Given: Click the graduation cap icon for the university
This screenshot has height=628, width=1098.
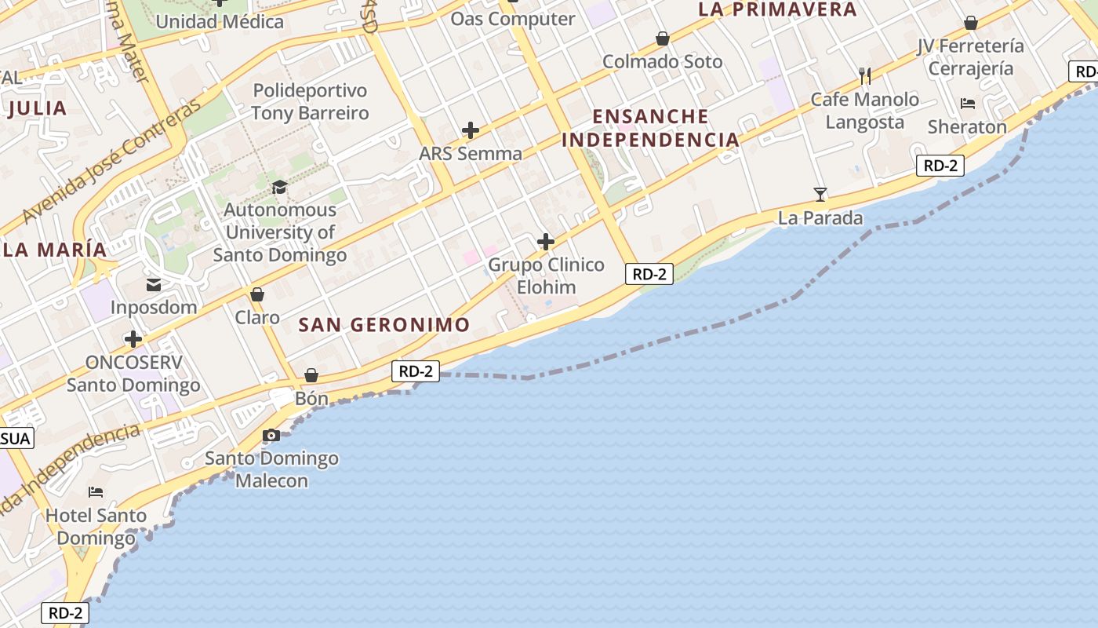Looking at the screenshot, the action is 279,187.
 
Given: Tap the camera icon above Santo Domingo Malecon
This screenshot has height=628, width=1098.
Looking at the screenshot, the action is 271,435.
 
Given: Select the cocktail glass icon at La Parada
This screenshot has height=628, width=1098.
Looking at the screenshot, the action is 820,194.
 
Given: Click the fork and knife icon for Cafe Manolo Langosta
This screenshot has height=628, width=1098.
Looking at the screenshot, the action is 865,76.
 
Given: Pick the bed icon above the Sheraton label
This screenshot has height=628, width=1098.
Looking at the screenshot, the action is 968,104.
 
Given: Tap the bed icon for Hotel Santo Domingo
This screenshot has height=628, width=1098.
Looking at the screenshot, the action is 96,492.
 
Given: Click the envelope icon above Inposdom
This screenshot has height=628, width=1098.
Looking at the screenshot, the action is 154,284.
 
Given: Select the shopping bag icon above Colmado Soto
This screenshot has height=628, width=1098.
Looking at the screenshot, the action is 663,38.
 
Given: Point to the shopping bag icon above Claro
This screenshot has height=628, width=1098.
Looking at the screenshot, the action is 257,294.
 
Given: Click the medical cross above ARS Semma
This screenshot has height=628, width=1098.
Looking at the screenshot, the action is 471,130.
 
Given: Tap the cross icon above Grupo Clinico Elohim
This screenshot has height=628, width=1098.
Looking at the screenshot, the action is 546,242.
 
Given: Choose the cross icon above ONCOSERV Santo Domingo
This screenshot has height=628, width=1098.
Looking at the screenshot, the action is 133,339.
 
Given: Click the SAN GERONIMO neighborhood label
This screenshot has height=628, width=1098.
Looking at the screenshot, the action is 384,324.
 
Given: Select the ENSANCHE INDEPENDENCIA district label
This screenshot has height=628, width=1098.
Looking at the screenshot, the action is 650,128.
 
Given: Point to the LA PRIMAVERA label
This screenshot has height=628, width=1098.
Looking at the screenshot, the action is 777,9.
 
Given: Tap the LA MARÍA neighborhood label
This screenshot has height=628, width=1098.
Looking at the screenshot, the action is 55,249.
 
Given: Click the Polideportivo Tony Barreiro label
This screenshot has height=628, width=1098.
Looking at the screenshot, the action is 310,102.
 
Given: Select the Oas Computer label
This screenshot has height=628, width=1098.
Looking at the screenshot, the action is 512,18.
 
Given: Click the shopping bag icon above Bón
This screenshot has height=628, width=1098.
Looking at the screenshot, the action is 311,376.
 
